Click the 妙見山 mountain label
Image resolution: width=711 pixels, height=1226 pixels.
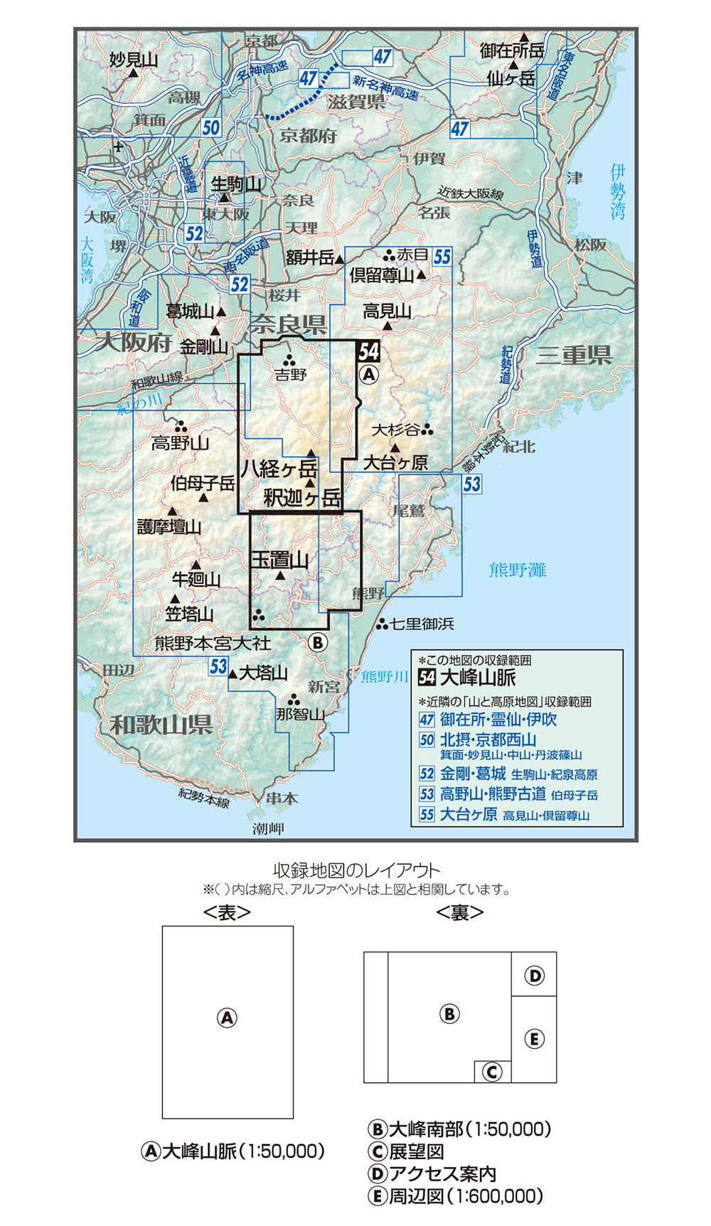(134, 60)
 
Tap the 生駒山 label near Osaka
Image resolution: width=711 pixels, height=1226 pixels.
(237, 184)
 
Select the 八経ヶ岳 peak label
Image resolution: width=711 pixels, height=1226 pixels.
(278, 469)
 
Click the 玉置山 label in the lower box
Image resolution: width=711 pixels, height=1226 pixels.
(280, 560)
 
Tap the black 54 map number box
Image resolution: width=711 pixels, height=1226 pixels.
(368, 351)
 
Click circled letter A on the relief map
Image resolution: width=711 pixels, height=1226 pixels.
(370, 374)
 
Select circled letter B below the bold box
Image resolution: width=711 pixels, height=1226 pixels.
(318, 643)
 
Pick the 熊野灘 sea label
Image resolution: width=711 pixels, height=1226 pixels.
(518, 570)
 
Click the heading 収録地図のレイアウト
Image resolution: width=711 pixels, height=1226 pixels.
(357, 870)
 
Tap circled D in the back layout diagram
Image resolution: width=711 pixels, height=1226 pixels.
(534, 976)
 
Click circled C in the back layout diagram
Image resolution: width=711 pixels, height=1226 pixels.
(492, 1072)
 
